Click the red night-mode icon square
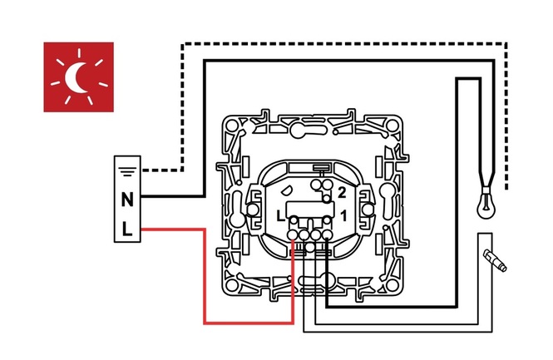(78, 76)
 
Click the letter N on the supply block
(127, 200)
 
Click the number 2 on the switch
(341, 192)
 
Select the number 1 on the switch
(341, 216)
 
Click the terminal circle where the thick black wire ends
(327, 236)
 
